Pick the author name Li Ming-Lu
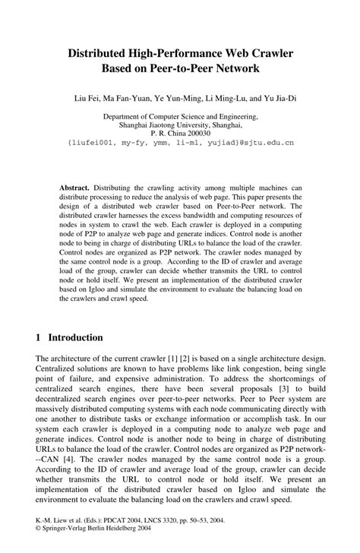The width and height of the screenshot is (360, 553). (226, 97)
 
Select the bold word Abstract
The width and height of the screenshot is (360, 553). (74, 187)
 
